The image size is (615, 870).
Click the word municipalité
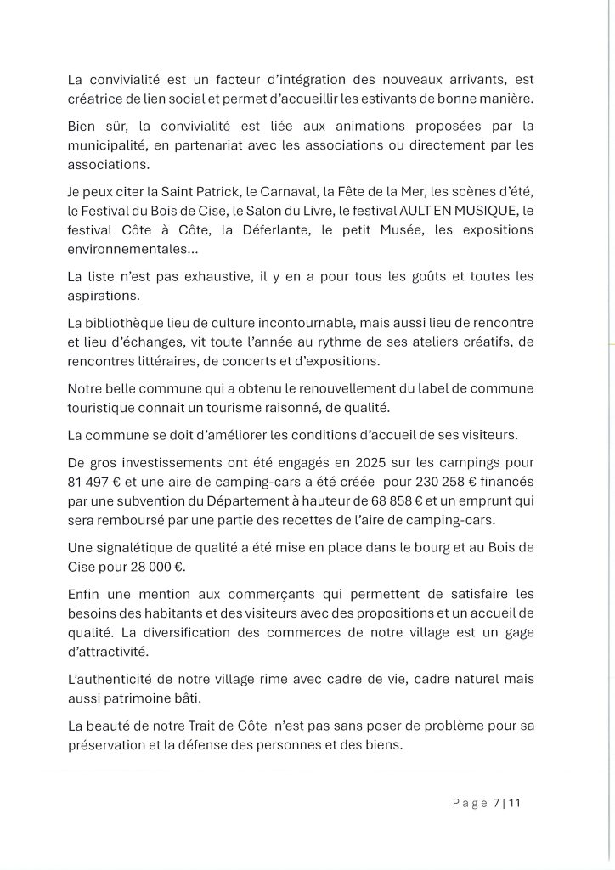[111, 145]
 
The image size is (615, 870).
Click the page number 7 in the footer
[495, 802]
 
